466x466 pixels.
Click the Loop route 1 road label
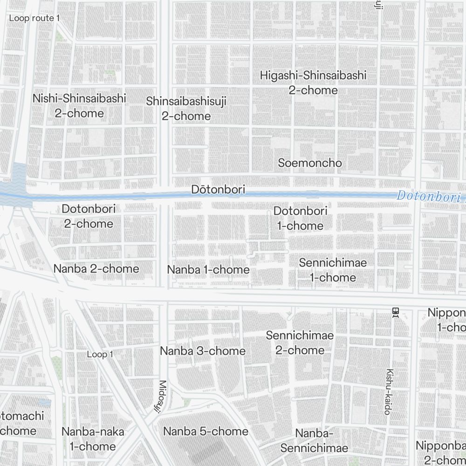point(34,18)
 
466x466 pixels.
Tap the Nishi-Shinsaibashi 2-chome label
point(79,106)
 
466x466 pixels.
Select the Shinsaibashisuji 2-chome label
point(186,109)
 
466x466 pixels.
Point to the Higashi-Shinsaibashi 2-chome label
point(313,82)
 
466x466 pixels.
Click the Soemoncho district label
point(309,163)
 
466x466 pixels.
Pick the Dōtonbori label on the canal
point(218,190)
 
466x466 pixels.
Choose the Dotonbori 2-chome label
point(89,216)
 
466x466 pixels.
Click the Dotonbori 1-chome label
point(300,218)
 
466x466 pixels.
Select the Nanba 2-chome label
point(96,269)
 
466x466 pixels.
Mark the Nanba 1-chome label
point(208,270)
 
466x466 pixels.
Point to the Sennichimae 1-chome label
point(333,270)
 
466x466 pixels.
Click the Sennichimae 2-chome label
point(300,343)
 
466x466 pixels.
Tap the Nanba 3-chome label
point(202,351)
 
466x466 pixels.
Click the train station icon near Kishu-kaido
point(396,312)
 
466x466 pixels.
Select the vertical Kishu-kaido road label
point(387,391)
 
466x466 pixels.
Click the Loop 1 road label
point(100,355)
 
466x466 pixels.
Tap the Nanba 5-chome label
point(206,432)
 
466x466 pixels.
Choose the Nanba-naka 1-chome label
point(92,439)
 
